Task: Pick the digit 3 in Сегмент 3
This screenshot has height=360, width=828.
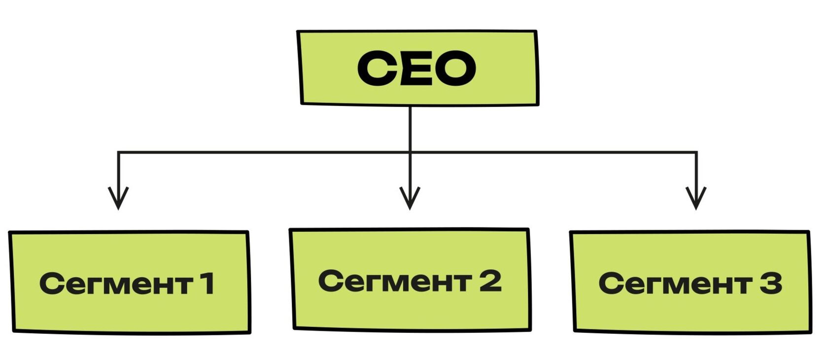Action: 770,283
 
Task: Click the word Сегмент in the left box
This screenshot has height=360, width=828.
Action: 115,284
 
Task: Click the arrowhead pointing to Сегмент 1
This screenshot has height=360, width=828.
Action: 118,199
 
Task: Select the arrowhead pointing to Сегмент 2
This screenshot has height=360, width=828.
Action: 410,199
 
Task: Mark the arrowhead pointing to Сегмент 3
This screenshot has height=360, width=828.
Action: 696,199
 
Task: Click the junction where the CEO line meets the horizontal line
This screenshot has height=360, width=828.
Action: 410,152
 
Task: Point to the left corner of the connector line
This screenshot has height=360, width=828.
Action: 118,152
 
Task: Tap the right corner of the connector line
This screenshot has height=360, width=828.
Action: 696,152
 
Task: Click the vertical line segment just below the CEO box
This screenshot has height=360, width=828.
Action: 410,126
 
